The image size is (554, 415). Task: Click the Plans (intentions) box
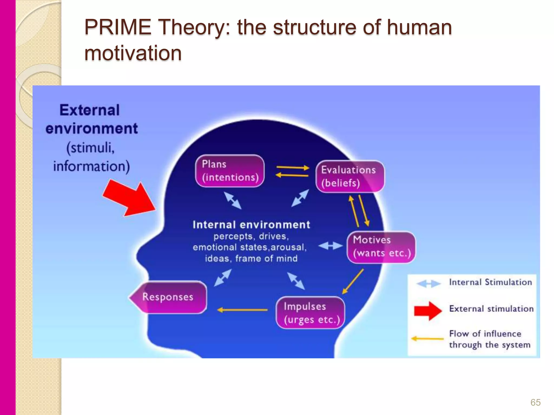coord(230,171)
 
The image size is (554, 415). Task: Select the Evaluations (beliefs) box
coord(350,176)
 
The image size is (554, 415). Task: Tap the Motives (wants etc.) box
coord(381,247)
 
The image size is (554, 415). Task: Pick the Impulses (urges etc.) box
coord(310,313)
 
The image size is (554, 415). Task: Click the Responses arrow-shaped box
coord(168,297)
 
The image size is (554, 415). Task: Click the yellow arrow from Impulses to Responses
coord(242,310)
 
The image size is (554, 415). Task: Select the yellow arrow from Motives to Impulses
coord(353,281)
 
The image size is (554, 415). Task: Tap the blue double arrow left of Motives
coord(331,246)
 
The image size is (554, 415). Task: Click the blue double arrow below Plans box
coord(233,200)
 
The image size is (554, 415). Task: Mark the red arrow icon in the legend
coord(428,311)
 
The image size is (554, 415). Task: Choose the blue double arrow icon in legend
coord(428,284)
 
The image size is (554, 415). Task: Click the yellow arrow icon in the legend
coord(427,339)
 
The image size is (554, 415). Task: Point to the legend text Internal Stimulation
coord(490,282)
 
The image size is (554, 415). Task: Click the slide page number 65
coord(535,402)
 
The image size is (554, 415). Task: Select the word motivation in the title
coord(133,53)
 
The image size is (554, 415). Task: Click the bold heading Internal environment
coord(251,225)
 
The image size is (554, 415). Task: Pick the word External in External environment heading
coord(90,110)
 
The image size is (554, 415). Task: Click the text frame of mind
coord(266,259)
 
